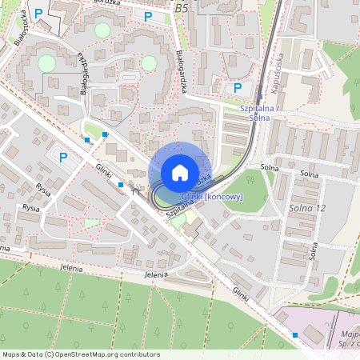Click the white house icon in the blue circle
point(180,172)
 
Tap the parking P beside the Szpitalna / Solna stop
point(236,88)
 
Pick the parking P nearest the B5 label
point(147,16)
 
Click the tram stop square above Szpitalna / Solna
point(258,96)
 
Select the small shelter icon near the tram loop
point(134,191)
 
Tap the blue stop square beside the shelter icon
point(120,185)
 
